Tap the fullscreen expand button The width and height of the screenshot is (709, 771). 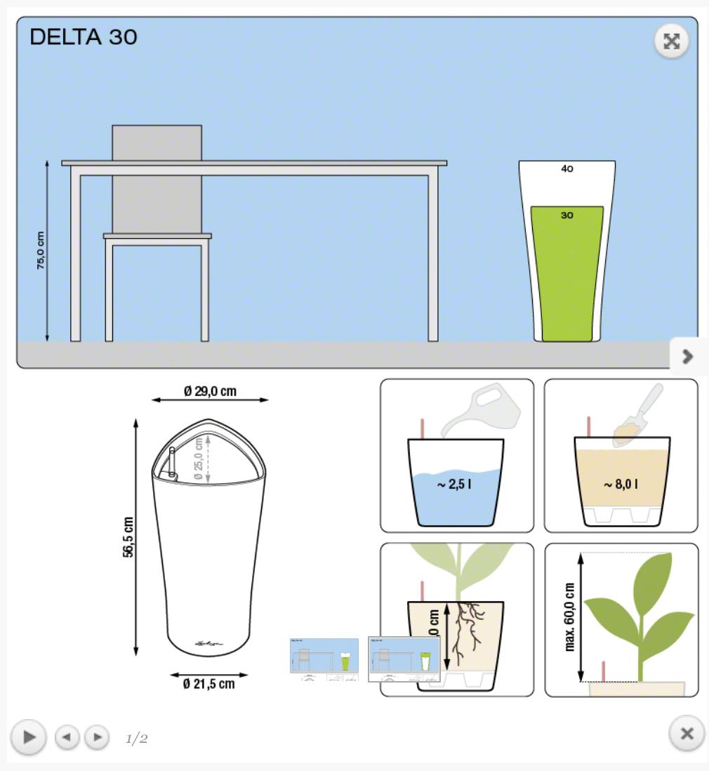tap(672, 41)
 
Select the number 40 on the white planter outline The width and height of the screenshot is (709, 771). tap(566, 169)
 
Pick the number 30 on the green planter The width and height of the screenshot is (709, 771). tap(566, 216)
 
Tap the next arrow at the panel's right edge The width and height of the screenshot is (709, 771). tap(688, 357)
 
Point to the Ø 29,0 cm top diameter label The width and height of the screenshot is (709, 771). tap(211, 391)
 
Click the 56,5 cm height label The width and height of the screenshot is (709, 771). tap(128, 537)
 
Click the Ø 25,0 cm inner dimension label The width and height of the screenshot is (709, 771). tap(199, 458)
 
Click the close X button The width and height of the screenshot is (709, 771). tap(687, 734)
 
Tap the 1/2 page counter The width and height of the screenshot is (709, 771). tap(137, 738)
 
